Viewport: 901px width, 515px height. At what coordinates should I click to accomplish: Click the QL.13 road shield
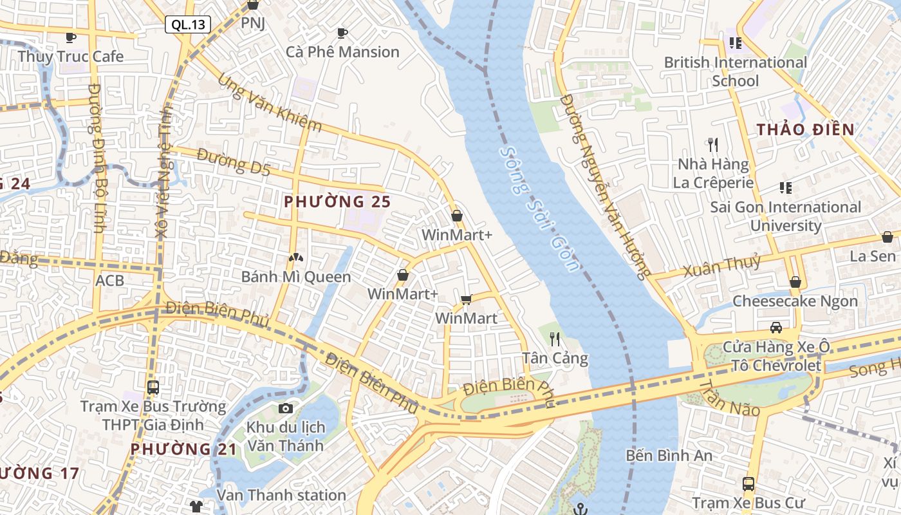[188, 25]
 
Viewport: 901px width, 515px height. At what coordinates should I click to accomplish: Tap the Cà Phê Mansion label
[342, 52]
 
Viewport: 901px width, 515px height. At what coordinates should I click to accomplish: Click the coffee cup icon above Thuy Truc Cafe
[71, 37]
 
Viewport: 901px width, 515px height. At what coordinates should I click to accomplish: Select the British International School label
[735, 71]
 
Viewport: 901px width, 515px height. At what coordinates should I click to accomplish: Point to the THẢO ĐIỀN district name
[805, 129]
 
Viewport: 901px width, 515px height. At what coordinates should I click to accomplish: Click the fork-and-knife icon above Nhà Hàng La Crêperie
[712, 144]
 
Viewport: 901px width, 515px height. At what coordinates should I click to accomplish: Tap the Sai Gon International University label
[785, 216]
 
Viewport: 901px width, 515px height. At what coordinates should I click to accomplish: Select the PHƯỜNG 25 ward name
[337, 201]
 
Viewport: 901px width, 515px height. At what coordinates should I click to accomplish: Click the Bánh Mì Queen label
[296, 277]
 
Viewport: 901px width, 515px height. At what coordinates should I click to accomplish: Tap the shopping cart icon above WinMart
[467, 299]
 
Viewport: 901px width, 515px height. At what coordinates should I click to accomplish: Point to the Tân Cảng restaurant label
[555, 358]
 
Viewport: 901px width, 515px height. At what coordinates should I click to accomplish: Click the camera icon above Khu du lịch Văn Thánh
[286, 408]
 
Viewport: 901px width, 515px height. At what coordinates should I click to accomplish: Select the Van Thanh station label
[281, 495]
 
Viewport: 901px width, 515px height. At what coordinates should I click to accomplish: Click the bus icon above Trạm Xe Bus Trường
[153, 387]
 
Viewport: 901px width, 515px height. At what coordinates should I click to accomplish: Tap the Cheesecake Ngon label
[795, 301]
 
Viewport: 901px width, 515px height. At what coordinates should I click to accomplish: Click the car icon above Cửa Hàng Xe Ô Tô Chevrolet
[776, 327]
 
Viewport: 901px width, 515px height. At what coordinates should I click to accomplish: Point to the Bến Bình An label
[669, 456]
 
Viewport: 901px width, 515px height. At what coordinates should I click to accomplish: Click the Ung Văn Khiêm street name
[270, 103]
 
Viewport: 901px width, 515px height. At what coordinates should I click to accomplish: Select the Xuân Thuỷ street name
[721, 266]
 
